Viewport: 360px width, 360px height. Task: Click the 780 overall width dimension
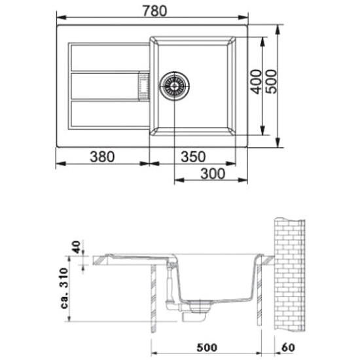point(154,11)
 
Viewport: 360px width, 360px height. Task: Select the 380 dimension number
point(102,157)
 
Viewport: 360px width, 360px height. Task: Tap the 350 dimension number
point(193,157)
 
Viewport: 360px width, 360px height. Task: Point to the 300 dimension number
point(213,174)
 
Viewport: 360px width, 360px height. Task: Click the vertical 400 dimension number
point(256,82)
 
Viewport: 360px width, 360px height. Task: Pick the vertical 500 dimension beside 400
point(271,82)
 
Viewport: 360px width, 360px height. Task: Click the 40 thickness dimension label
point(77,247)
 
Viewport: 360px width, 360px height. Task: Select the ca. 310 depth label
point(64,288)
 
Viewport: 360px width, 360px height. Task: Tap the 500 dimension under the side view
point(207,348)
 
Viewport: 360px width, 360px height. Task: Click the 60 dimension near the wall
point(288,348)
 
